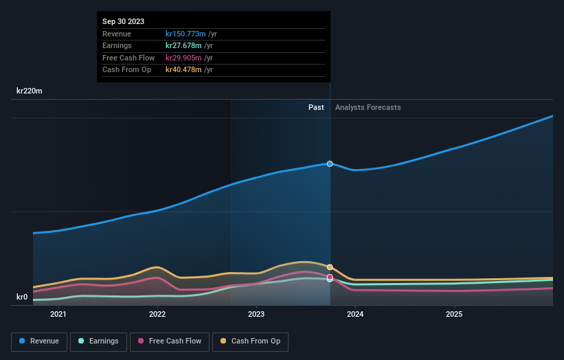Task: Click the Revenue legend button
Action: (40, 341)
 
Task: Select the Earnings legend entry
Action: (98, 341)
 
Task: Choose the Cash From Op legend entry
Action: (251, 341)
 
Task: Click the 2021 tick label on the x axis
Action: (58, 315)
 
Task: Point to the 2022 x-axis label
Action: (157, 315)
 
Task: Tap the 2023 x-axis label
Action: (256, 315)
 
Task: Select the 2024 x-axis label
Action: (355, 315)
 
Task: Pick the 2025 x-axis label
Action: (454, 315)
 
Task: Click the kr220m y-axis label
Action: (30, 91)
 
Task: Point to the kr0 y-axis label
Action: (22, 297)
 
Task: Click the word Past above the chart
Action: (316, 107)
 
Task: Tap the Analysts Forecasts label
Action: (368, 107)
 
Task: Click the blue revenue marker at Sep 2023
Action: (330, 164)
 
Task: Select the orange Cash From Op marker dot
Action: (330, 267)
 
